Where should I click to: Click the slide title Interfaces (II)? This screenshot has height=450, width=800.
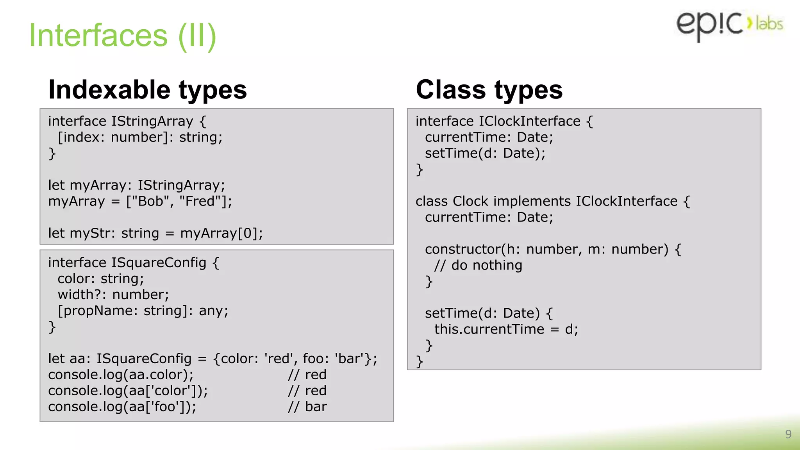123,36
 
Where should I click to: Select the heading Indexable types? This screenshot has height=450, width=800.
148,90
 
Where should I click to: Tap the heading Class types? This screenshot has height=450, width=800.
489,90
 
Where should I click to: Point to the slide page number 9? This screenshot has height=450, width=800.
788,434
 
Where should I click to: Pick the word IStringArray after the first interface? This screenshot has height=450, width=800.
152,121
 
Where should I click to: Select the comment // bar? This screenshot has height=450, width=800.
307,407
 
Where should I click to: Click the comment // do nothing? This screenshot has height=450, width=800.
478,266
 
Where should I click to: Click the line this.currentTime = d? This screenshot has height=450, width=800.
506,330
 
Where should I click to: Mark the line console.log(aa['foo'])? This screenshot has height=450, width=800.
122,407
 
